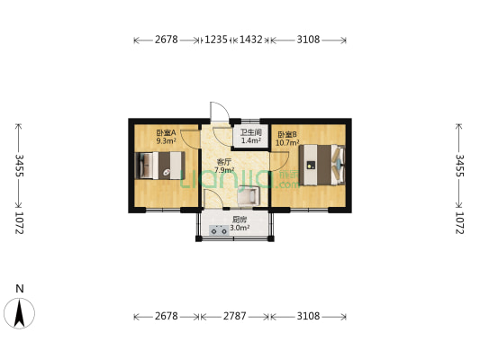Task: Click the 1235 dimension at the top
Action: (216, 40)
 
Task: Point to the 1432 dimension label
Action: (250, 40)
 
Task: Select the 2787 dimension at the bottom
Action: (234, 316)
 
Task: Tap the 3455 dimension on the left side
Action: (20, 166)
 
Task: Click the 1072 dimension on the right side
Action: (460, 223)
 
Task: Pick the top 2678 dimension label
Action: (167, 40)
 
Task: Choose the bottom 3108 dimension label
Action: (308, 316)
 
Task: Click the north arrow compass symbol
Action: (19, 313)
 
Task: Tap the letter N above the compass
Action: (20, 288)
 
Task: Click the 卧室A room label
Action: (166, 132)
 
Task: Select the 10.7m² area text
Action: (287, 143)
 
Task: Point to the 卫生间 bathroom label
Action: (250, 132)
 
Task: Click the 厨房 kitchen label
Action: (240, 220)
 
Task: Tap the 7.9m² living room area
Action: (224, 170)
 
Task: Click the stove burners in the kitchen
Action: (219, 230)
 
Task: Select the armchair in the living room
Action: (249, 196)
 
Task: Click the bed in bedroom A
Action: (160, 166)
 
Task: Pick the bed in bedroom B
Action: (322, 165)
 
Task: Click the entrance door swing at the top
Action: (220, 112)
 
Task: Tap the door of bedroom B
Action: (279, 161)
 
